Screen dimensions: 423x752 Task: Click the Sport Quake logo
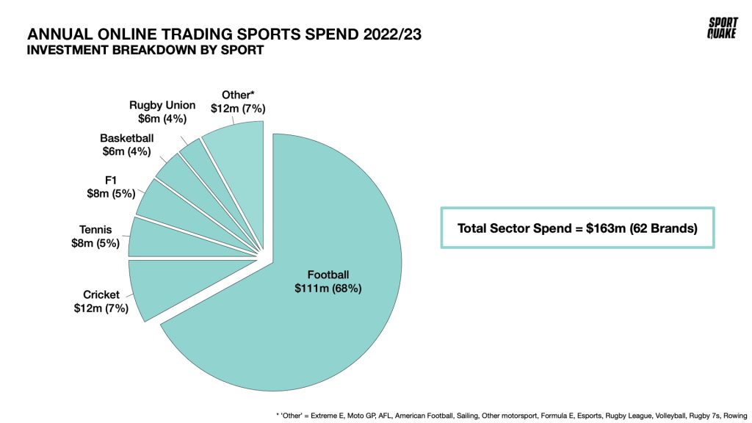pos(723,28)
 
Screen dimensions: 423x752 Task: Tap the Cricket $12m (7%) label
pos(101,302)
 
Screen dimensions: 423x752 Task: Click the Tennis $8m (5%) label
pos(95,237)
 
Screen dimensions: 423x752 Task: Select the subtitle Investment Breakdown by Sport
pos(145,51)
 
